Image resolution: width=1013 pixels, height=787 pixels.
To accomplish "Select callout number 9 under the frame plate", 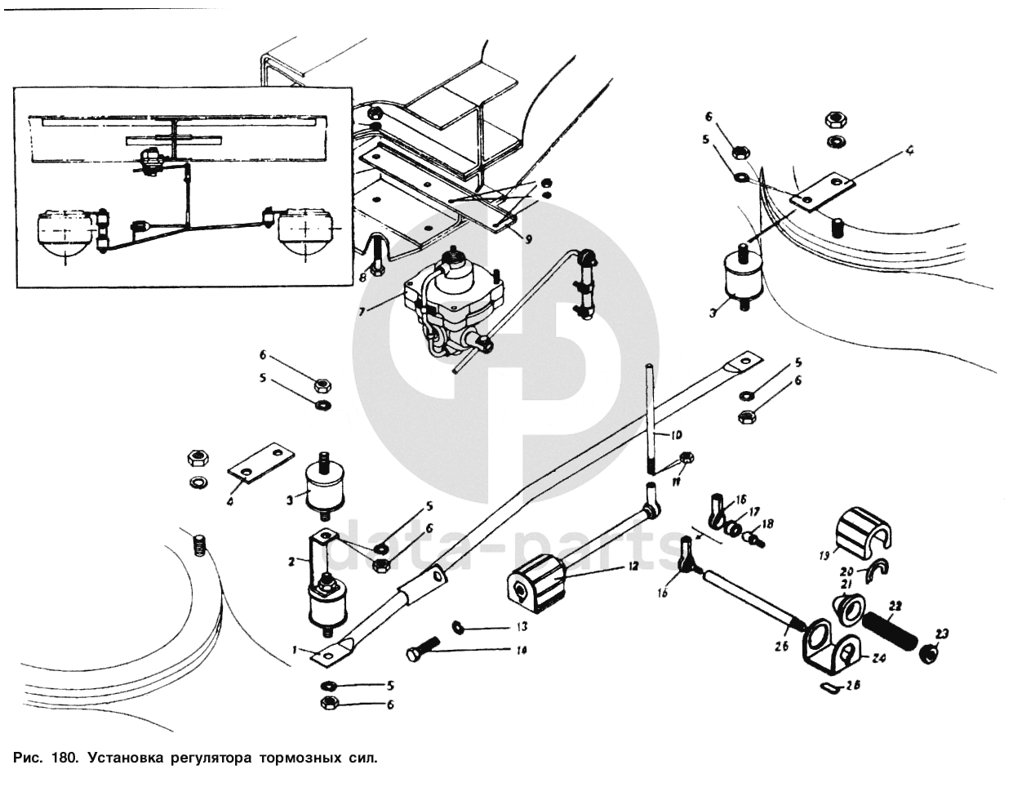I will click(528, 239).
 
